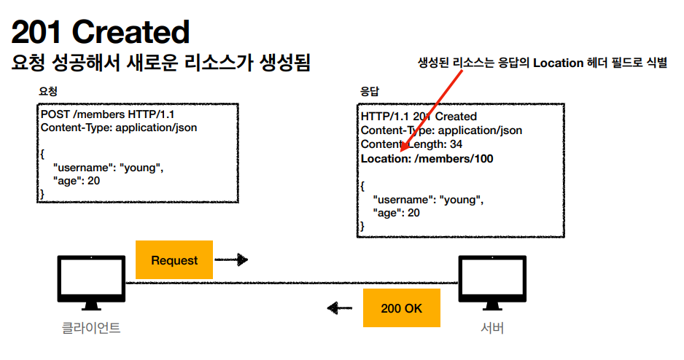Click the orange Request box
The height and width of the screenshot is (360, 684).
click(x=174, y=260)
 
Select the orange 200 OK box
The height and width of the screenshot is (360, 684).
click(x=401, y=308)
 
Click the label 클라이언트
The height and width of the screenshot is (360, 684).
click(x=91, y=328)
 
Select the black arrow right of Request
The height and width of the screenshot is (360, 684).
click(x=232, y=259)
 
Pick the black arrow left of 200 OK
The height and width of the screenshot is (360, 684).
click(x=340, y=308)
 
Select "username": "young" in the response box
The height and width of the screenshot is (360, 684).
click(x=428, y=199)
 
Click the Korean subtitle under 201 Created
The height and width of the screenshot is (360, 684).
click(x=161, y=63)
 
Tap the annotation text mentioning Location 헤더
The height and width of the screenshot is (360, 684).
click(x=542, y=63)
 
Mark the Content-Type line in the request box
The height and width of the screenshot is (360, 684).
click(x=119, y=128)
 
